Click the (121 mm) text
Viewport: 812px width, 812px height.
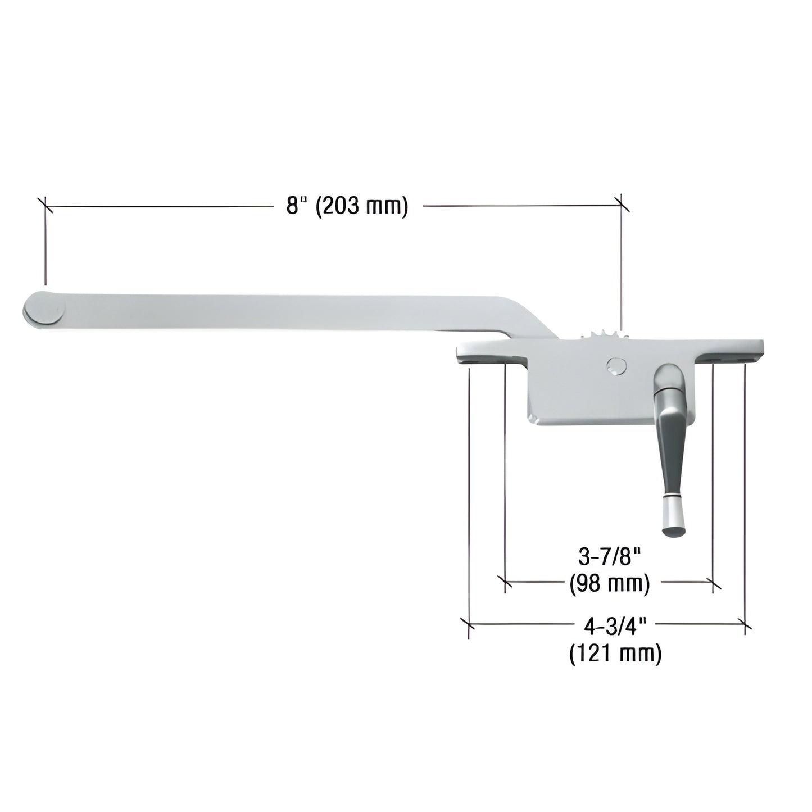[615, 654]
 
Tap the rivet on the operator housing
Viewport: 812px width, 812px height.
[616, 366]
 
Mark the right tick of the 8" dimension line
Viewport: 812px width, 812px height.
[621, 206]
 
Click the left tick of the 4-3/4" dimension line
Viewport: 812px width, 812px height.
[469, 624]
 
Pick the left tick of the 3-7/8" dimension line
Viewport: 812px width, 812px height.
[505, 583]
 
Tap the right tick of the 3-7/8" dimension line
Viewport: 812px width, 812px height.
[713, 583]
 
